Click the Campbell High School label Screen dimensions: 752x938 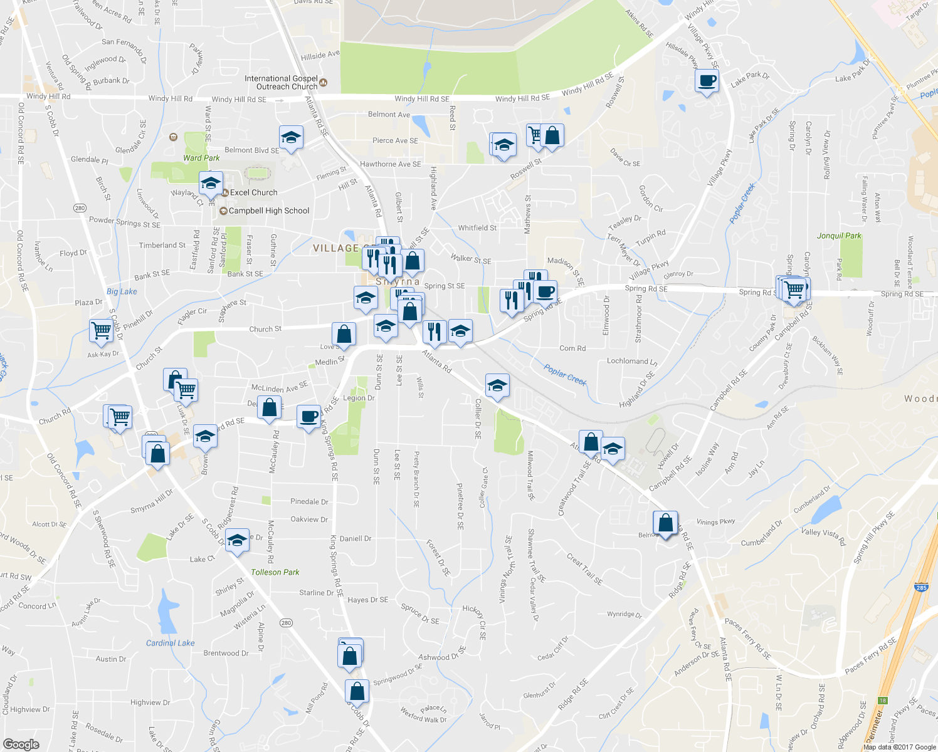click(269, 211)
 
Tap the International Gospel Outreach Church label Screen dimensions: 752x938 click(281, 83)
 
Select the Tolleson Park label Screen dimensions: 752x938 click(275, 572)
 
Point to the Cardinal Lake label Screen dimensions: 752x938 click(170, 643)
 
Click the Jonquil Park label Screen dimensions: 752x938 click(839, 236)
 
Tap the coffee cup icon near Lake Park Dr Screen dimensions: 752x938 click(707, 81)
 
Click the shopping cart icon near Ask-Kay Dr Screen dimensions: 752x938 click(100, 330)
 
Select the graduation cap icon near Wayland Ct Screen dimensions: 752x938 click(210, 184)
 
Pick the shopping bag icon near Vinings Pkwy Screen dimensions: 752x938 click(665, 522)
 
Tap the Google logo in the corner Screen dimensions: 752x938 click(21, 744)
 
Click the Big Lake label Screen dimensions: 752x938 click(122, 291)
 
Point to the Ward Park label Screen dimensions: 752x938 click(201, 158)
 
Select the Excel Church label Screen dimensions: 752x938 click(253, 193)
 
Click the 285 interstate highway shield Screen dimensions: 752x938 click(920, 588)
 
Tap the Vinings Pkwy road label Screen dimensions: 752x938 click(715, 521)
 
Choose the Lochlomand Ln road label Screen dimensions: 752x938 click(632, 361)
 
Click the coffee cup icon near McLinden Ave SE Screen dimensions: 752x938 click(308, 416)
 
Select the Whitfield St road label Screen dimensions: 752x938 click(477, 228)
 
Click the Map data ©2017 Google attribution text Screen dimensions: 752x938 click(899, 747)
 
